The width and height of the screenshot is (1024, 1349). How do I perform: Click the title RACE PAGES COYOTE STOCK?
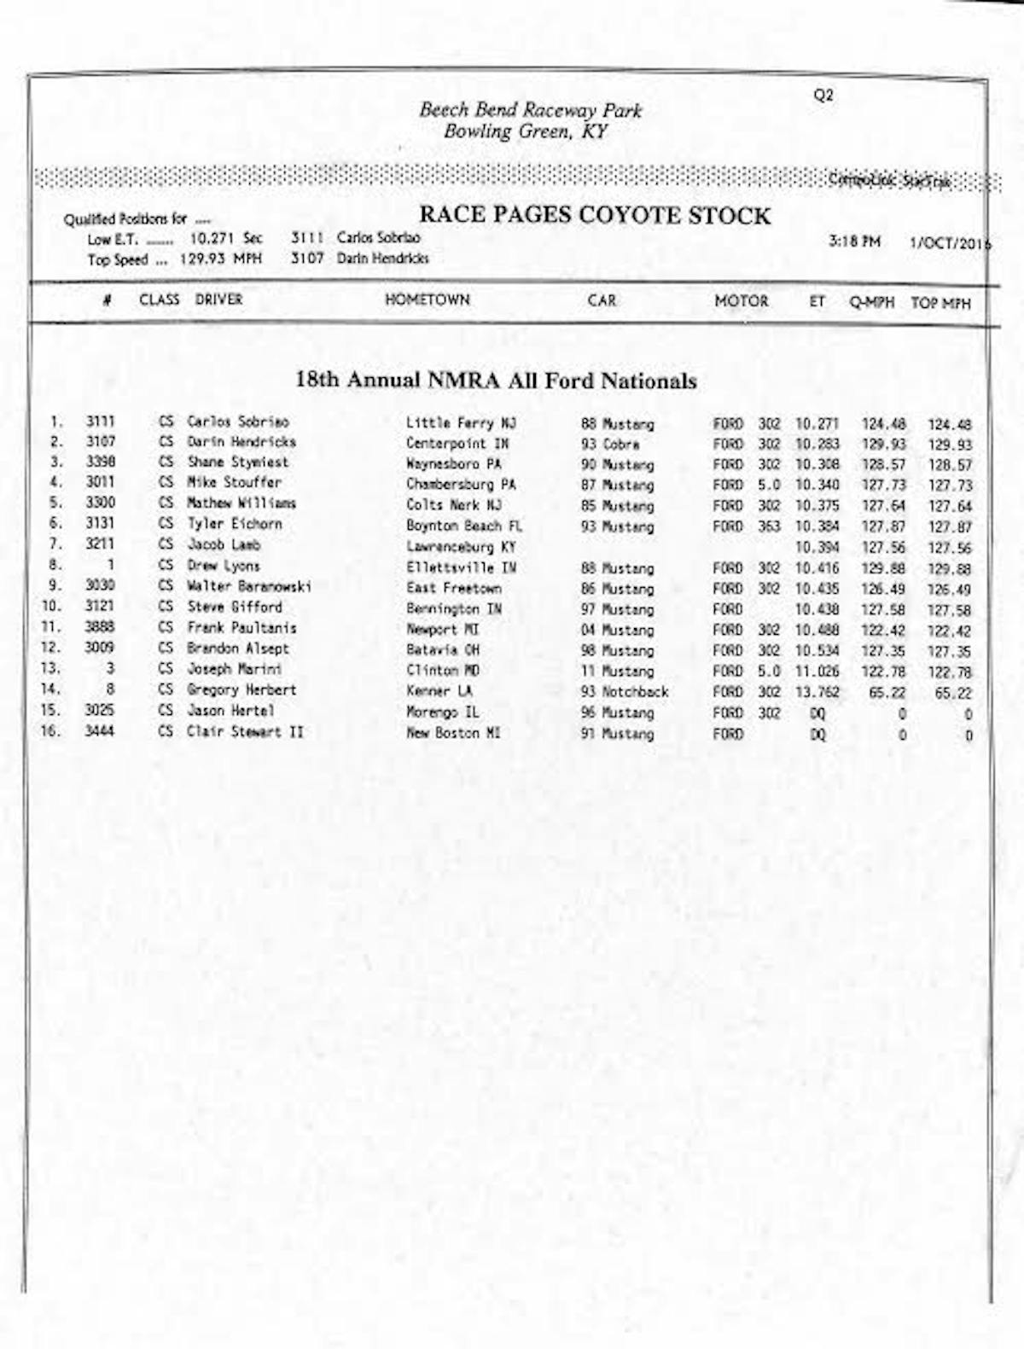594,216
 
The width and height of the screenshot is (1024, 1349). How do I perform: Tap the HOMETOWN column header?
427,300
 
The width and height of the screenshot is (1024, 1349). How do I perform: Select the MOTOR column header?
741,301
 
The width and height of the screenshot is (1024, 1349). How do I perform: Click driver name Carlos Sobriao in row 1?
237,422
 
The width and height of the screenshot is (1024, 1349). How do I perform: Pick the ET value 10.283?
817,445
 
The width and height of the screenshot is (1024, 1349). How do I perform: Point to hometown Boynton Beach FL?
463,526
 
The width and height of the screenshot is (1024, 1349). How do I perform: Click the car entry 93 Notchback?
624,692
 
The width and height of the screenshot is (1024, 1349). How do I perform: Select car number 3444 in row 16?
99,731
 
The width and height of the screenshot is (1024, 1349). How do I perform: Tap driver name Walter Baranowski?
248,586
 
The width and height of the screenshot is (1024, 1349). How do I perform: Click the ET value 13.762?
817,692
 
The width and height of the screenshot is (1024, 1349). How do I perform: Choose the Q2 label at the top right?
823,96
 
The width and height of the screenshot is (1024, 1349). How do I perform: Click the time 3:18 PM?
854,241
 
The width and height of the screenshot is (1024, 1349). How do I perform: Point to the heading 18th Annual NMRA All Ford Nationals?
496,381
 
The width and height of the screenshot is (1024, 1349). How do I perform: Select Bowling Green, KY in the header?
526,131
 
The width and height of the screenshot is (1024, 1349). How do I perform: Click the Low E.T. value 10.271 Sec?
226,239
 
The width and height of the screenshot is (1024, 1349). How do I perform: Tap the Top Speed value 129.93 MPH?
220,259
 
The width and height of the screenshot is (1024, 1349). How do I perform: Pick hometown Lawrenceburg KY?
461,547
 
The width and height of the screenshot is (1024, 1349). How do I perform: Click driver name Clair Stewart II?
245,731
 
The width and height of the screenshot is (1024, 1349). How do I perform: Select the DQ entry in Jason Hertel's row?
817,712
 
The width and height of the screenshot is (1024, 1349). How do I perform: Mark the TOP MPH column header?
940,303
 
